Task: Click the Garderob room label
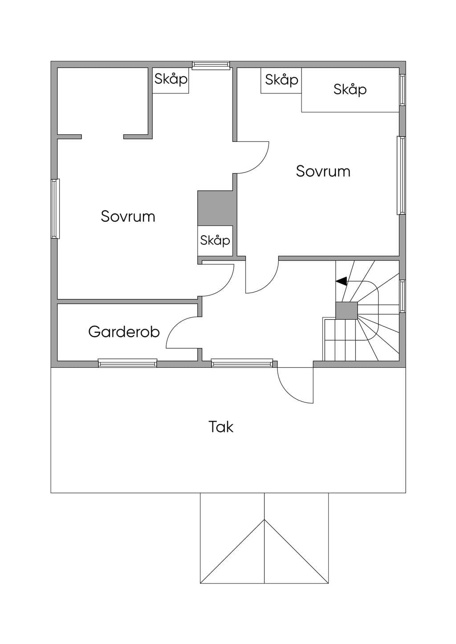(x=124, y=332)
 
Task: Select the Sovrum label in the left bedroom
(x=128, y=216)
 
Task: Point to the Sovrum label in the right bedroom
(x=323, y=171)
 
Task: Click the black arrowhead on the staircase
(x=342, y=281)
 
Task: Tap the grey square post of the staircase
(x=346, y=310)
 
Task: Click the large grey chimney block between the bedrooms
(x=215, y=208)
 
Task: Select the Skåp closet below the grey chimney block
(x=215, y=241)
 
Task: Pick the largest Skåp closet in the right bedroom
(x=350, y=90)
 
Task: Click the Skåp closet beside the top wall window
(x=171, y=80)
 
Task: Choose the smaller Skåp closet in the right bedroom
(x=281, y=80)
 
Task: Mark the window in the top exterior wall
(x=211, y=65)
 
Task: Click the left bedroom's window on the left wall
(x=55, y=209)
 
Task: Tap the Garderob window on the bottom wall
(x=127, y=363)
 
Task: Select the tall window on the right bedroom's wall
(x=401, y=175)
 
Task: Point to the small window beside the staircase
(x=403, y=296)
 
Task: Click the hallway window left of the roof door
(x=242, y=363)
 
